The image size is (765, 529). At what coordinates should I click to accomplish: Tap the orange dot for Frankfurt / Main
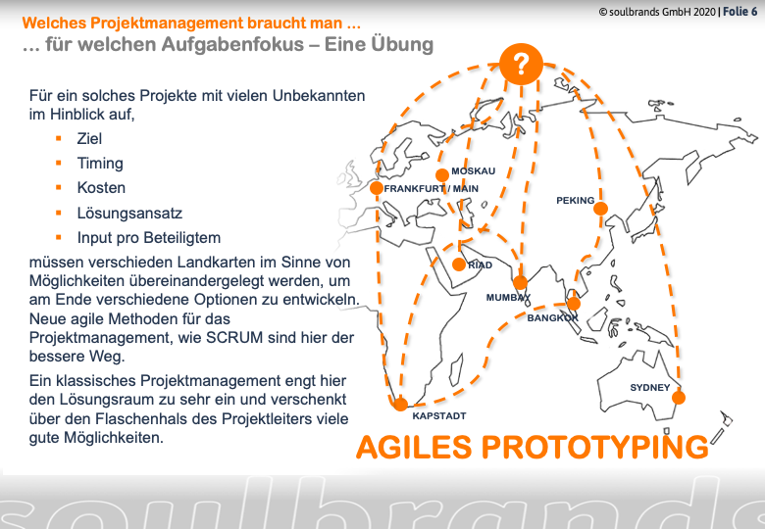coord(377,188)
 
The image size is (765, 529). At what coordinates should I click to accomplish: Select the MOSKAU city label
coord(473,171)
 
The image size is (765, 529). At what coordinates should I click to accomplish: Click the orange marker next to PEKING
coord(600,209)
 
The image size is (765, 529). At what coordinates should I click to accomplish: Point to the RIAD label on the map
coord(480,264)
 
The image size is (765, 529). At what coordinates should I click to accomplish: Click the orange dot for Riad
coord(459,264)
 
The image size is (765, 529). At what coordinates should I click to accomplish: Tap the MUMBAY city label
coord(508,297)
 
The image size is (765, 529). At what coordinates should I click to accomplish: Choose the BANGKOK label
coord(552,318)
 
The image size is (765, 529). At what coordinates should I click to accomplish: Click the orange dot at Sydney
coord(678,398)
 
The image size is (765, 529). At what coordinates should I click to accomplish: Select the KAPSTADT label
coord(439,416)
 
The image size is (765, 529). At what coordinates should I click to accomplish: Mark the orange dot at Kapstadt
coord(400,405)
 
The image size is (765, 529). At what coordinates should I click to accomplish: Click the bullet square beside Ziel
coord(59,139)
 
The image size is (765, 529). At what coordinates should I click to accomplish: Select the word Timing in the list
coord(100,164)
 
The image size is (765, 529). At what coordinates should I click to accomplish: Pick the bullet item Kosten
coord(101,187)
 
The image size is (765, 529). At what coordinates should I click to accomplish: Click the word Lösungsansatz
coord(129,213)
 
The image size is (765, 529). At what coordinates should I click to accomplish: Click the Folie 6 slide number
coord(740,11)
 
